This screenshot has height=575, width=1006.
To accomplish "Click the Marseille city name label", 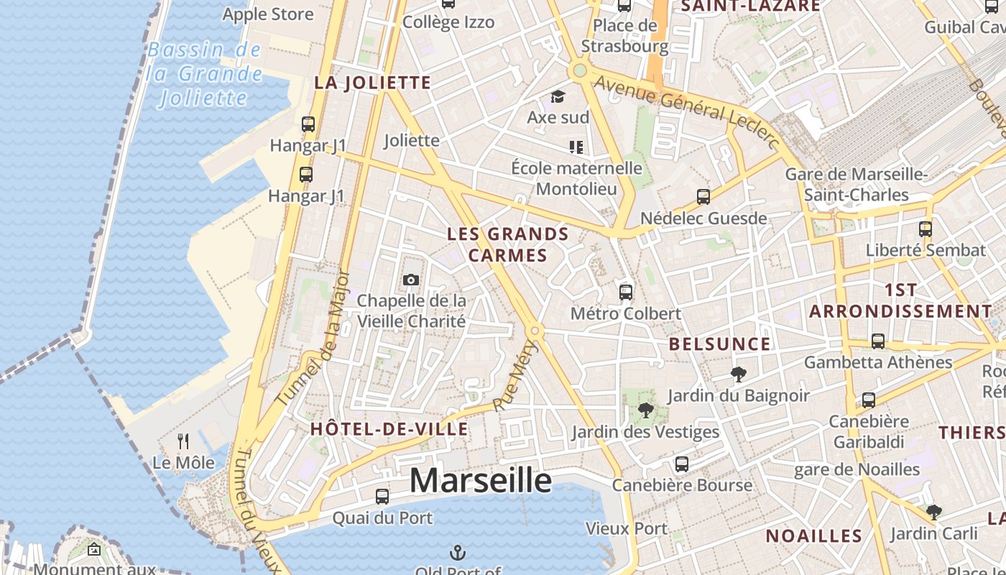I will click(x=480, y=480).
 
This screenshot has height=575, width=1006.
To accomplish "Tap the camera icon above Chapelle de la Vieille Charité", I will click(x=411, y=280).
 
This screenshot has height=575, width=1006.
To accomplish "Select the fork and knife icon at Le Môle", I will click(x=184, y=441).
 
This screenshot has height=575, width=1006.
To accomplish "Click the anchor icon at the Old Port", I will click(x=457, y=553).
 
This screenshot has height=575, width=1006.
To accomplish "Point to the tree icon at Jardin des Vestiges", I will click(x=645, y=410).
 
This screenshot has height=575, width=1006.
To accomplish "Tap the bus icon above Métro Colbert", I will click(x=626, y=293).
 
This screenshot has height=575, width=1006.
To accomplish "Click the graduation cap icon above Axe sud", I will click(x=558, y=96).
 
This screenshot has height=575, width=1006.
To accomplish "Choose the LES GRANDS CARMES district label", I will click(x=508, y=244).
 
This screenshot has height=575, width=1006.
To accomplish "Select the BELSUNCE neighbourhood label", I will click(x=719, y=344).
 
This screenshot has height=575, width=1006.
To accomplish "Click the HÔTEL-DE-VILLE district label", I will click(x=389, y=430).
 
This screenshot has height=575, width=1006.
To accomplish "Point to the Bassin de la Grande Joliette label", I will click(x=205, y=73).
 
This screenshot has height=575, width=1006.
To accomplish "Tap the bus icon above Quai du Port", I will click(x=382, y=497).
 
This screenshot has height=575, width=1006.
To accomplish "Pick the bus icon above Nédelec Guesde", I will click(x=703, y=197).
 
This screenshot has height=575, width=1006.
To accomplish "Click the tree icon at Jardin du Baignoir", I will click(x=738, y=374).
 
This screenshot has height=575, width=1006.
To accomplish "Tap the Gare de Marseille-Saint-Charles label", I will click(x=857, y=185).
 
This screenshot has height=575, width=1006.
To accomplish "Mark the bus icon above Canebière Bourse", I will click(x=681, y=464).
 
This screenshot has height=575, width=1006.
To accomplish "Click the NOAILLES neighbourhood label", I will click(x=813, y=536).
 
